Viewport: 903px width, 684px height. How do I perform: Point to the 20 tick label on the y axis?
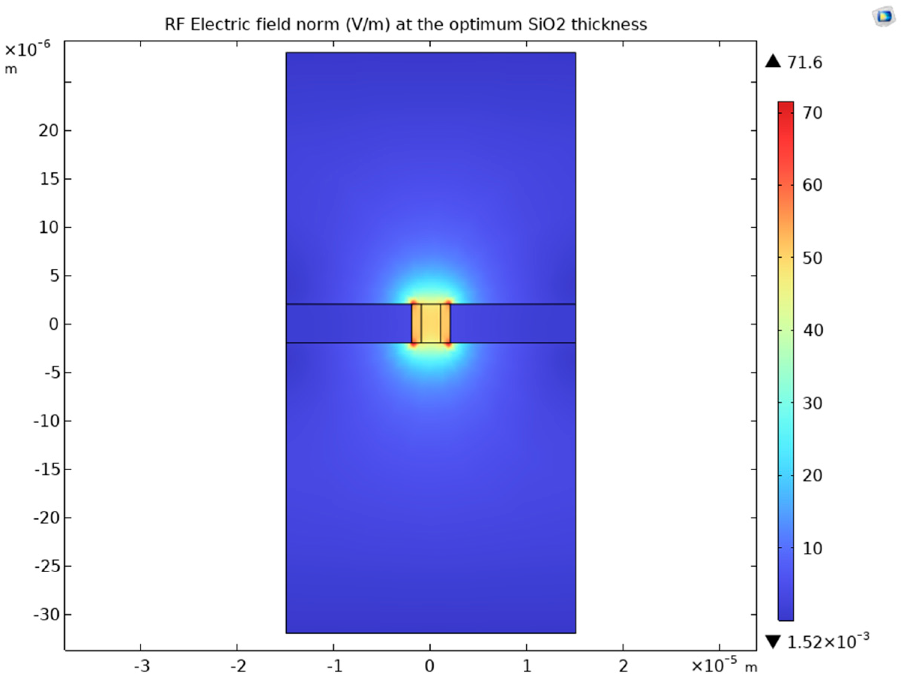click(x=49, y=130)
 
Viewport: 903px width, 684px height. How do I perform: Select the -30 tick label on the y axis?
click(x=46, y=614)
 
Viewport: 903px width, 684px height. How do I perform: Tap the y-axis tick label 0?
click(x=54, y=324)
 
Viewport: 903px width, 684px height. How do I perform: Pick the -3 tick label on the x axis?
click(x=142, y=666)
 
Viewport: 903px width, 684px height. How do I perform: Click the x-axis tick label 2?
click(x=623, y=666)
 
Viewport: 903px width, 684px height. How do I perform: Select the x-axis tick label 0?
click(x=430, y=666)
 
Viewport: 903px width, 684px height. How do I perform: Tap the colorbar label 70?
click(x=812, y=113)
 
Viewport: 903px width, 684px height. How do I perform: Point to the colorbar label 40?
click(x=812, y=330)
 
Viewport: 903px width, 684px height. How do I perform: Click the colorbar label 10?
click(x=812, y=548)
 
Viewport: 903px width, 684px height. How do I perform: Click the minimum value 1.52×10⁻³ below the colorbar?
click(x=828, y=642)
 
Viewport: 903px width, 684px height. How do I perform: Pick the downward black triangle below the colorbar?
click(x=773, y=642)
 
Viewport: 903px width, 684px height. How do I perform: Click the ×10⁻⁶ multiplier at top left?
click(x=27, y=49)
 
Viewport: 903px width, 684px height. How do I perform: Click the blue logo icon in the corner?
click(x=884, y=17)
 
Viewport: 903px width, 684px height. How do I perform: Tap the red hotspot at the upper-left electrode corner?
click(x=413, y=303)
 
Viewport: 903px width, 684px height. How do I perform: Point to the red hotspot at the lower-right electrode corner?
click(x=448, y=344)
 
